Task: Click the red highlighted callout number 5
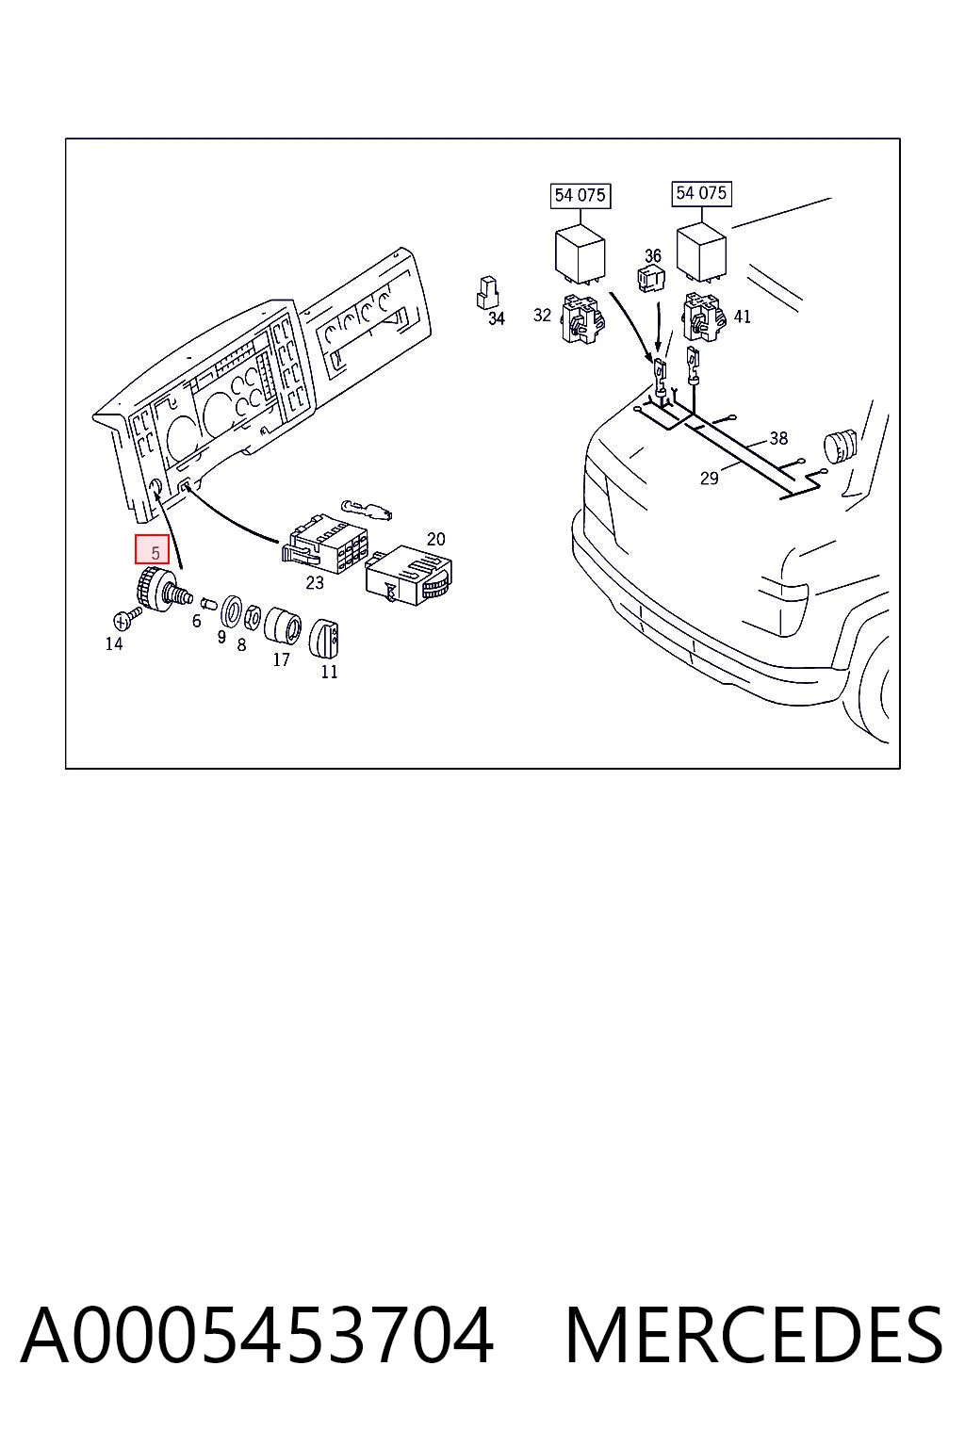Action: [153, 550]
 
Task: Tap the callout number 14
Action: [114, 643]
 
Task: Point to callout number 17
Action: [281, 659]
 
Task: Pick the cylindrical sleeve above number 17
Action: [283, 626]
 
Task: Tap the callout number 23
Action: [315, 583]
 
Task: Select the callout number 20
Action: [436, 539]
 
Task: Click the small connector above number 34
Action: [487, 293]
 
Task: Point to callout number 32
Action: [542, 315]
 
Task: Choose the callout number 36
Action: [653, 256]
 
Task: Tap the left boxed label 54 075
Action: [580, 195]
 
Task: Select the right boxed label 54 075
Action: [701, 193]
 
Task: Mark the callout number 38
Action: [778, 438]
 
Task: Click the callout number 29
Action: [709, 478]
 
